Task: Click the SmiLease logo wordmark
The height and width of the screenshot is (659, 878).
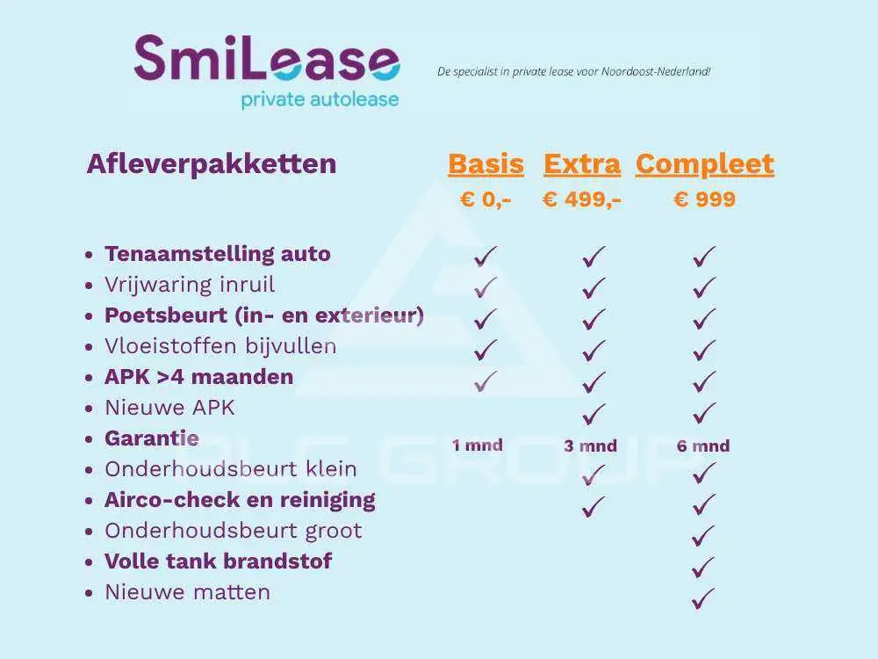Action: point(267,58)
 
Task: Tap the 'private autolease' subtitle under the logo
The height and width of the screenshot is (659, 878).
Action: point(320,100)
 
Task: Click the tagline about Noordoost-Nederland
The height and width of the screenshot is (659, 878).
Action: point(574,72)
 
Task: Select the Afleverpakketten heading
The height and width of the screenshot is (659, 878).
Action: point(212,163)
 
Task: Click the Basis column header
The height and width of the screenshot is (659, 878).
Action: point(486,164)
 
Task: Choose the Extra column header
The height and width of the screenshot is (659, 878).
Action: point(582,164)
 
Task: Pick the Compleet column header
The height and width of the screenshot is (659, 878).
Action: point(705,165)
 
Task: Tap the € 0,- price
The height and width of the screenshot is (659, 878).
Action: point(486,199)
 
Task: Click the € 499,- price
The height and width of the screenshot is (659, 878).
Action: point(582,199)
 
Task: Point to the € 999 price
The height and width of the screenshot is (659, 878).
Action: point(705,199)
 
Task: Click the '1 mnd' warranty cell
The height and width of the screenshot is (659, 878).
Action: point(478,445)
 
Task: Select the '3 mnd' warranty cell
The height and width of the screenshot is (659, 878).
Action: point(590,446)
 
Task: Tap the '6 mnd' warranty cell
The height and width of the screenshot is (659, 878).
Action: point(703,446)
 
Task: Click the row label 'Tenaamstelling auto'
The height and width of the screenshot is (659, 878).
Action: point(217,254)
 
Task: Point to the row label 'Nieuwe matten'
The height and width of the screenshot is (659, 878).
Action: point(188,592)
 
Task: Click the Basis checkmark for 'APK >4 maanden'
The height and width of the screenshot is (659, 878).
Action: point(485,381)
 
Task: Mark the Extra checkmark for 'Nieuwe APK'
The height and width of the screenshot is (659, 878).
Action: point(594,413)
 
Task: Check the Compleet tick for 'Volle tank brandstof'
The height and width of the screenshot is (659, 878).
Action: point(703,567)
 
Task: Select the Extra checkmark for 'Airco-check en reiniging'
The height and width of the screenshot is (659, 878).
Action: point(594,506)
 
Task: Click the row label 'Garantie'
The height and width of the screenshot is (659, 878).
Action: point(152,438)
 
